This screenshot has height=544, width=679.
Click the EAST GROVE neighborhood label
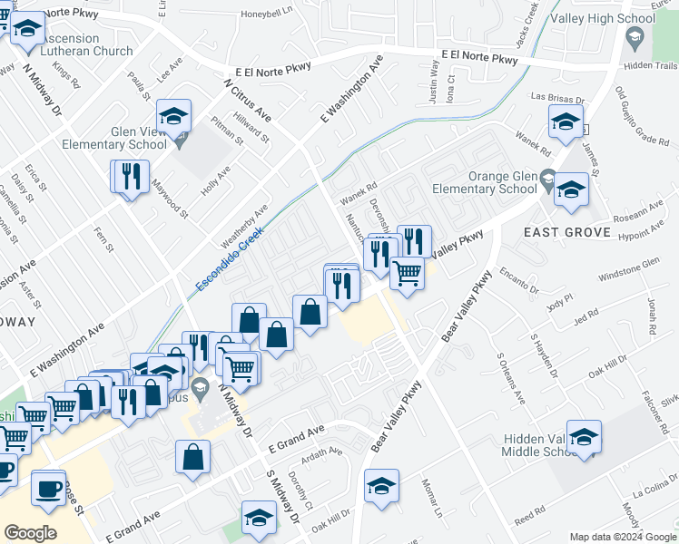pos(567,233)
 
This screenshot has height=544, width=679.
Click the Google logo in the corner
pos(30,533)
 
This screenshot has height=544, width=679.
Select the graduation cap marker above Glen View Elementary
pos(173,115)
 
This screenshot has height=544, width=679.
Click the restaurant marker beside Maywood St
pos(129,176)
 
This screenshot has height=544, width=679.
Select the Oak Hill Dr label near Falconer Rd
pos(609,369)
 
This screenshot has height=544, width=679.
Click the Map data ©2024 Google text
pos(623,537)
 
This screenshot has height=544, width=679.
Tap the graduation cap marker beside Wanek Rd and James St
pos(565,121)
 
